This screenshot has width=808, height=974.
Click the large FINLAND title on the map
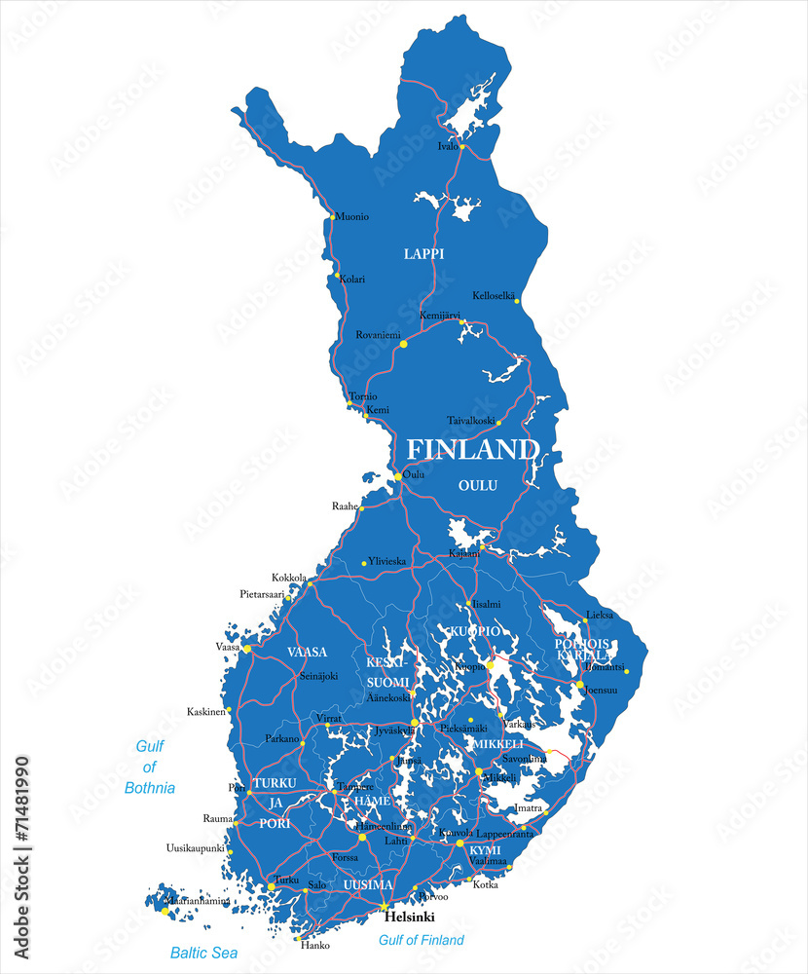[x=471, y=449]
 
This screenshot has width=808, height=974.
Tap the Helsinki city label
[x=409, y=918]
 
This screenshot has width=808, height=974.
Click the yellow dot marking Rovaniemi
[x=403, y=344]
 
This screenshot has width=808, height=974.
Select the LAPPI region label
[x=423, y=253]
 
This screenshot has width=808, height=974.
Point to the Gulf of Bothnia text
[x=150, y=767]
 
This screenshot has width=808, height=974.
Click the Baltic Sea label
[x=203, y=953]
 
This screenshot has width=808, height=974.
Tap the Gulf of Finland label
[x=422, y=940]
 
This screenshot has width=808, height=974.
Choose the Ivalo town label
[x=447, y=147]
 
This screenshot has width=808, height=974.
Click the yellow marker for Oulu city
[x=398, y=476]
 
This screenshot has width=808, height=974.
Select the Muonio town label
[x=352, y=216]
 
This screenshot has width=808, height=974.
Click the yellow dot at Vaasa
[x=247, y=649]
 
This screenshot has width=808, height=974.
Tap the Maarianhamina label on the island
[x=198, y=901]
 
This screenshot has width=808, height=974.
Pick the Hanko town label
[x=315, y=945]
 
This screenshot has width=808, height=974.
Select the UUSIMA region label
[x=368, y=884]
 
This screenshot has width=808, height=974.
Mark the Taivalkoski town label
[x=471, y=421]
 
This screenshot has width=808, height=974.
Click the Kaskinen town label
[x=206, y=712]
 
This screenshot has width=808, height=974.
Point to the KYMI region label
[x=485, y=850]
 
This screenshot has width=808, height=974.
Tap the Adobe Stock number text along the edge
[x=22, y=857]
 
